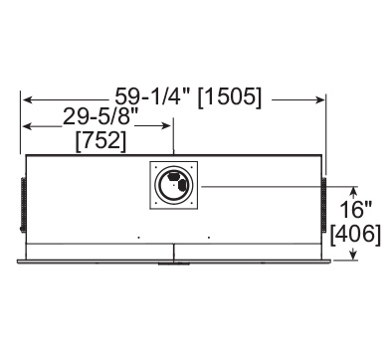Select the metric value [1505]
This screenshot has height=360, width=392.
(x=230, y=98)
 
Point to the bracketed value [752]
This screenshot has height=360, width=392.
(x=101, y=141)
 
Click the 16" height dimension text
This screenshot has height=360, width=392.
(x=355, y=209)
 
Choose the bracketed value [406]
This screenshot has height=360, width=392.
(x=355, y=235)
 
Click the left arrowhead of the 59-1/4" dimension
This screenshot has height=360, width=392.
(x=27, y=99)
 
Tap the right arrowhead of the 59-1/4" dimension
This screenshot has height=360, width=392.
(x=319, y=99)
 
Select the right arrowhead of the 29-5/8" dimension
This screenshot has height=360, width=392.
(x=166, y=125)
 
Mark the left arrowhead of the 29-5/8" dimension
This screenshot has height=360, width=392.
(x=27, y=126)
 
